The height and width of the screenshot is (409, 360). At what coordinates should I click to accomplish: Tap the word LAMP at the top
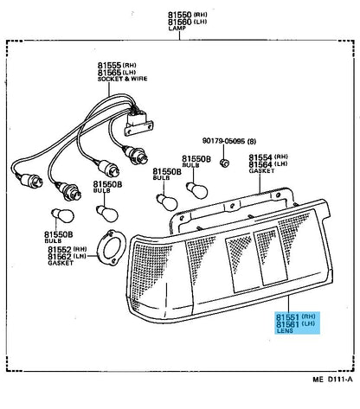177,29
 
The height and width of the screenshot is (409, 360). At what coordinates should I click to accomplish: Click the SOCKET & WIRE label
122,79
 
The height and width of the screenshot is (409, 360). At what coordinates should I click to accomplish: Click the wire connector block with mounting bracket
138,123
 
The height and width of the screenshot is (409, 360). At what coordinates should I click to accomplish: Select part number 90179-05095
223,141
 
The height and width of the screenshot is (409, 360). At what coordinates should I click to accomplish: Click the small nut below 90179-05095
224,163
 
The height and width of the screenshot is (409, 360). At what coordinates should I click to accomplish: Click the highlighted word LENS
285,330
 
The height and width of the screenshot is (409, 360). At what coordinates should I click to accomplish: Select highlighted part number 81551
287,317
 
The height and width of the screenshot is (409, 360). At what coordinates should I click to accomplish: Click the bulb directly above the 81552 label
63,216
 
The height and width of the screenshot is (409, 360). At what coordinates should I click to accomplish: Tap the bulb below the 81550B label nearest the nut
197,189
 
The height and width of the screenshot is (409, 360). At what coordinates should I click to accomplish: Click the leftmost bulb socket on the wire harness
31,179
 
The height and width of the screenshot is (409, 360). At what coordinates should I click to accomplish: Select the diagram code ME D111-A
332,379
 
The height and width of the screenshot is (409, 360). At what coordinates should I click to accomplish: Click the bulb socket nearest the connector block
136,156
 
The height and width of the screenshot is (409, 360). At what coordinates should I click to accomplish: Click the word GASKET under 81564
261,171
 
